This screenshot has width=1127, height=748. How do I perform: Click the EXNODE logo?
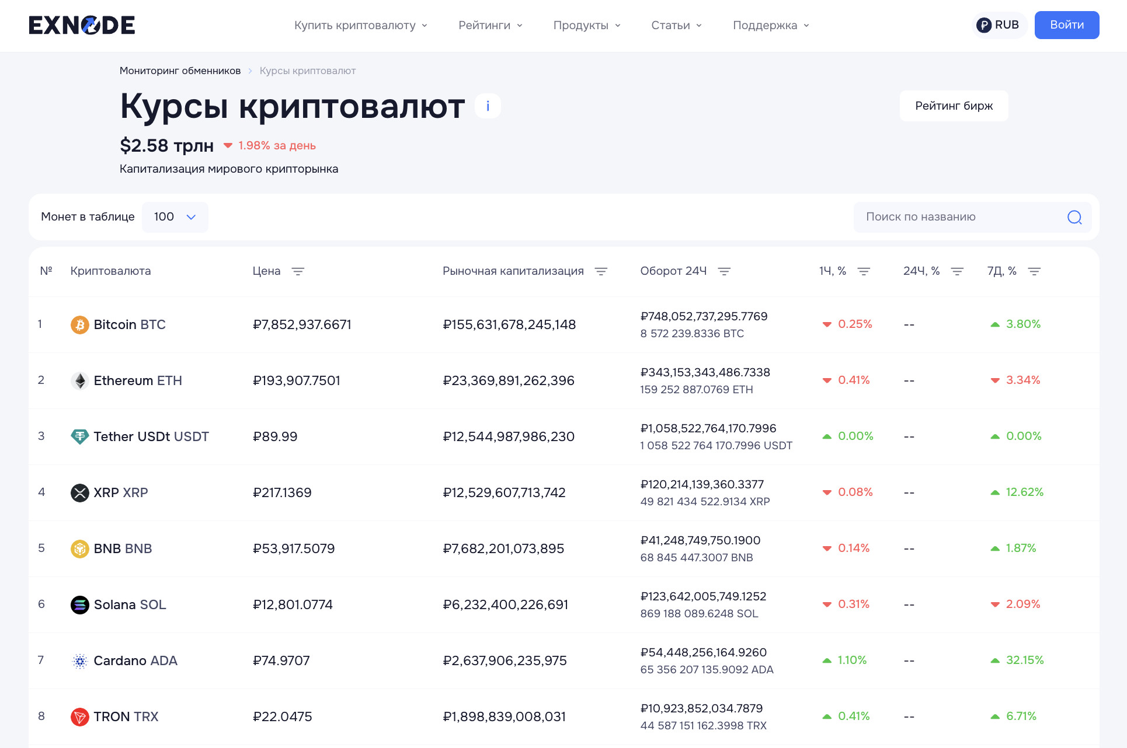[x=82, y=25]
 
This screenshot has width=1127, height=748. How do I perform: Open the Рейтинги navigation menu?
[x=490, y=25]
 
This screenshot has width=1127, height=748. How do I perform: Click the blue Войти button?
[x=1066, y=25]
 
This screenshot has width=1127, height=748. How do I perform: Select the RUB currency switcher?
[x=999, y=25]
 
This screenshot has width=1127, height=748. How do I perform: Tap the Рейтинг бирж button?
[x=954, y=106]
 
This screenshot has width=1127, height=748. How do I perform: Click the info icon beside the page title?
[x=488, y=106]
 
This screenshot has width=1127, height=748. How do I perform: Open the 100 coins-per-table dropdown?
[x=175, y=217]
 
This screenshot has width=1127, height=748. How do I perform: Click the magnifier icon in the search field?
[x=1074, y=217]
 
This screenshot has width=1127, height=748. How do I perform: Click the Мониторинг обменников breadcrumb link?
[x=180, y=71]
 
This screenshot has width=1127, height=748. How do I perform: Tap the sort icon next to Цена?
[x=298, y=271]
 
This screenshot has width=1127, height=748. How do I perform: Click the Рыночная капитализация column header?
[x=513, y=271]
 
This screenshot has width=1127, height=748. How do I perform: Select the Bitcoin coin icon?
[x=79, y=324]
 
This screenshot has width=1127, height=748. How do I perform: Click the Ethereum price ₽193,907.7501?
[x=296, y=380]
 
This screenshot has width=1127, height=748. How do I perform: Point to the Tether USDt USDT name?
[x=151, y=436]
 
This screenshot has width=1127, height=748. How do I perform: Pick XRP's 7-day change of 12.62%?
[x=1024, y=492]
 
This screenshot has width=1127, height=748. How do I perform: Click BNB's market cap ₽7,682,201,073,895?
[x=503, y=548]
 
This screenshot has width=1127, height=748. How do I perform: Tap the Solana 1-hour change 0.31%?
[x=853, y=604]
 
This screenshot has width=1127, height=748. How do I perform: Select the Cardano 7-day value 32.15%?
[x=1024, y=660]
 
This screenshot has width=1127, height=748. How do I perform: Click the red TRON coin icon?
[x=79, y=716]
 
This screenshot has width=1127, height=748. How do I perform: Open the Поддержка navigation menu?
[x=771, y=25]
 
